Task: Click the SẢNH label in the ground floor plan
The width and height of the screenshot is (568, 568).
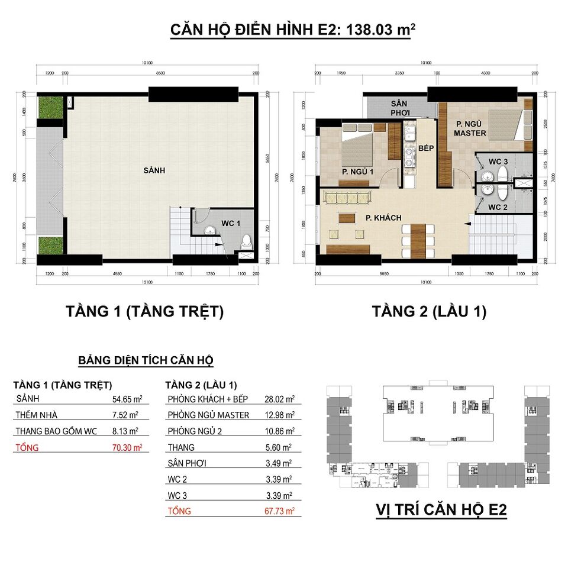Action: point(154,170)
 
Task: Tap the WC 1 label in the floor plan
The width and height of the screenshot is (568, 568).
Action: point(231,223)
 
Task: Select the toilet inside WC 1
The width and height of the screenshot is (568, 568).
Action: point(246,241)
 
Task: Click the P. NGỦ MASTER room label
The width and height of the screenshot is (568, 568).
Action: point(470,128)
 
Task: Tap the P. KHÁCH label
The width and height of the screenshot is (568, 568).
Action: point(383,218)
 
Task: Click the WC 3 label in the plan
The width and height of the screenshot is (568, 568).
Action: point(498,162)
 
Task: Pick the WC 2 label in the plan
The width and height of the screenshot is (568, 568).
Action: point(498,207)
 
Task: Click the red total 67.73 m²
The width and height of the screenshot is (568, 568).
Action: point(280,511)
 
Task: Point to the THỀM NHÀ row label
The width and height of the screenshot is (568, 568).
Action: point(36,415)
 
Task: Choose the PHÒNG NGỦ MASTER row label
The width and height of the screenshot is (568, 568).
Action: point(208,415)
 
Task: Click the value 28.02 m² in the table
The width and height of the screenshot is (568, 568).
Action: point(280,399)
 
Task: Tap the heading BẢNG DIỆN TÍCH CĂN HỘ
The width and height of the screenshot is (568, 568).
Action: point(146,360)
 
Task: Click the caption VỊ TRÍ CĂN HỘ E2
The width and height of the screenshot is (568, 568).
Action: point(441,510)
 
